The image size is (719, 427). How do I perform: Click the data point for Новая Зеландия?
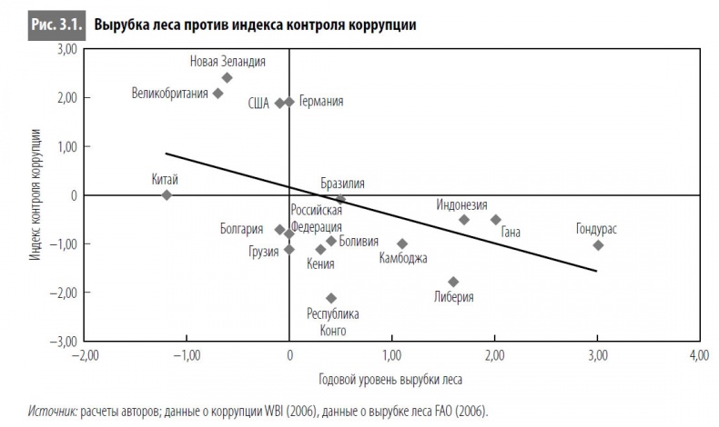click(227, 78)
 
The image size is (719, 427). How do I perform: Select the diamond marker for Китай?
click(167, 194)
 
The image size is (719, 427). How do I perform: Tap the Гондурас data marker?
click(598, 245)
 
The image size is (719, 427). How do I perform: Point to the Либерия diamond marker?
click(453, 282)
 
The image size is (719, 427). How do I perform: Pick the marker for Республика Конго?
click(331, 298)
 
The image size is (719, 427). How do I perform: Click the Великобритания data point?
click(218, 93)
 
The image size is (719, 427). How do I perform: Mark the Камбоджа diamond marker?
click(402, 243)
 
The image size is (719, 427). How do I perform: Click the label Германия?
click(320, 102)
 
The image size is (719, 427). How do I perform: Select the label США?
click(258, 103)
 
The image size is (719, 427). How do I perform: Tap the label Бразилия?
click(342, 183)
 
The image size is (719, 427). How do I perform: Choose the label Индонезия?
click(461, 204)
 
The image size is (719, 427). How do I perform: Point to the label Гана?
click(511, 233)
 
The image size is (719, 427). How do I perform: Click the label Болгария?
click(241, 229)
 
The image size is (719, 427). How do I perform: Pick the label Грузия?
click(263, 252)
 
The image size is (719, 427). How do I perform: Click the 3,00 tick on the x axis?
click(596, 354)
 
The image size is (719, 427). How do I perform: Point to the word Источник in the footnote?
click(52, 412)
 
